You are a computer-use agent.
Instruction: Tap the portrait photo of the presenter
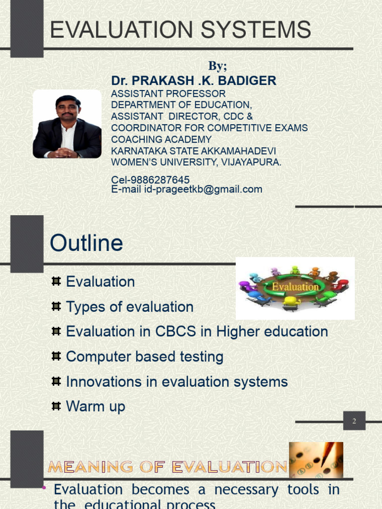(67, 124)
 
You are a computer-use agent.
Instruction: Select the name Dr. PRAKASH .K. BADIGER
(193, 81)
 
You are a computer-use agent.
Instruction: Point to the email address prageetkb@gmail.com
(203, 189)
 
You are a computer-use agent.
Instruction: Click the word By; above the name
(217, 66)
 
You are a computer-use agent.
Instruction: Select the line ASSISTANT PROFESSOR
(168, 93)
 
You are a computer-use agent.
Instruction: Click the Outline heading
(87, 243)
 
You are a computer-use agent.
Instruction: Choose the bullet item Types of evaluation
(129, 307)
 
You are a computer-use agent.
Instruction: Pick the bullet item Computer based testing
(144, 356)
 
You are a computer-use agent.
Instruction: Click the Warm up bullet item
(95, 407)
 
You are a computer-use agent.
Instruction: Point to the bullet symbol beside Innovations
(56, 381)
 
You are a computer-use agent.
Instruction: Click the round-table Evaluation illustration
(295, 288)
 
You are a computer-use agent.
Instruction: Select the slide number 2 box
(354, 421)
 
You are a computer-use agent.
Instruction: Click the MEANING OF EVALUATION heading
(167, 467)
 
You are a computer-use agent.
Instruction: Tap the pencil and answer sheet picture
(316, 460)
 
